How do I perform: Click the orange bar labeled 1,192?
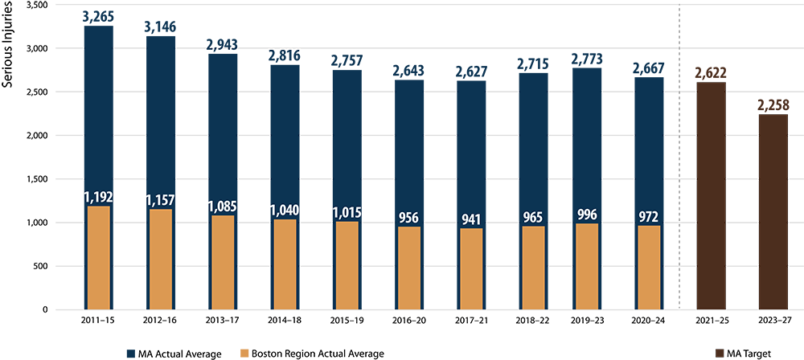[x=97, y=257]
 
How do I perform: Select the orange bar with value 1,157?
[x=160, y=259]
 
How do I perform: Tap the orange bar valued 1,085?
[x=223, y=262]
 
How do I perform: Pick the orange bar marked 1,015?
[x=348, y=265]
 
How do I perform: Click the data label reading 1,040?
[x=284, y=211]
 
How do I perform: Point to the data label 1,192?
[x=98, y=197]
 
